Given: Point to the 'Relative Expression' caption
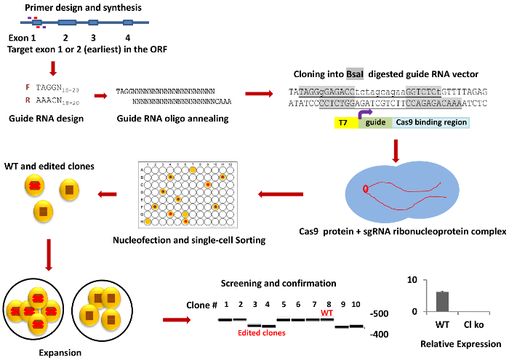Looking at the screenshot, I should pyautogui.click(x=455, y=342).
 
